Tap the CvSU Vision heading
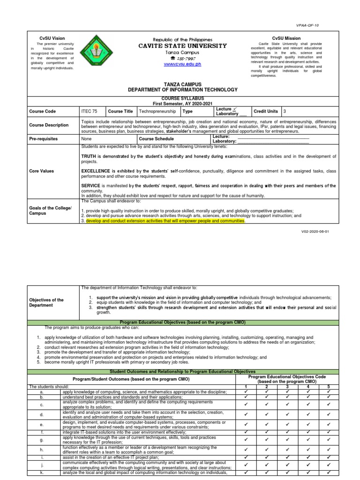(x=52, y=38)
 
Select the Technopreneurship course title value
(x=157, y=112)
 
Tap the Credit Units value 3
(x=284, y=112)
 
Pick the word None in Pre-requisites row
(x=86, y=139)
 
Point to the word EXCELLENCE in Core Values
(x=96, y=171)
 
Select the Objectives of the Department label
(x=46, y=302)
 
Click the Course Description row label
(x=48, y=125)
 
